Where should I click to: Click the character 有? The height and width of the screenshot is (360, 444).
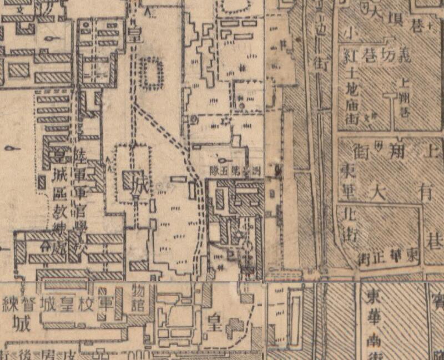(x=426, y=192)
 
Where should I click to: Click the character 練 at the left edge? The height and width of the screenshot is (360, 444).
(x=10, y=304)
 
